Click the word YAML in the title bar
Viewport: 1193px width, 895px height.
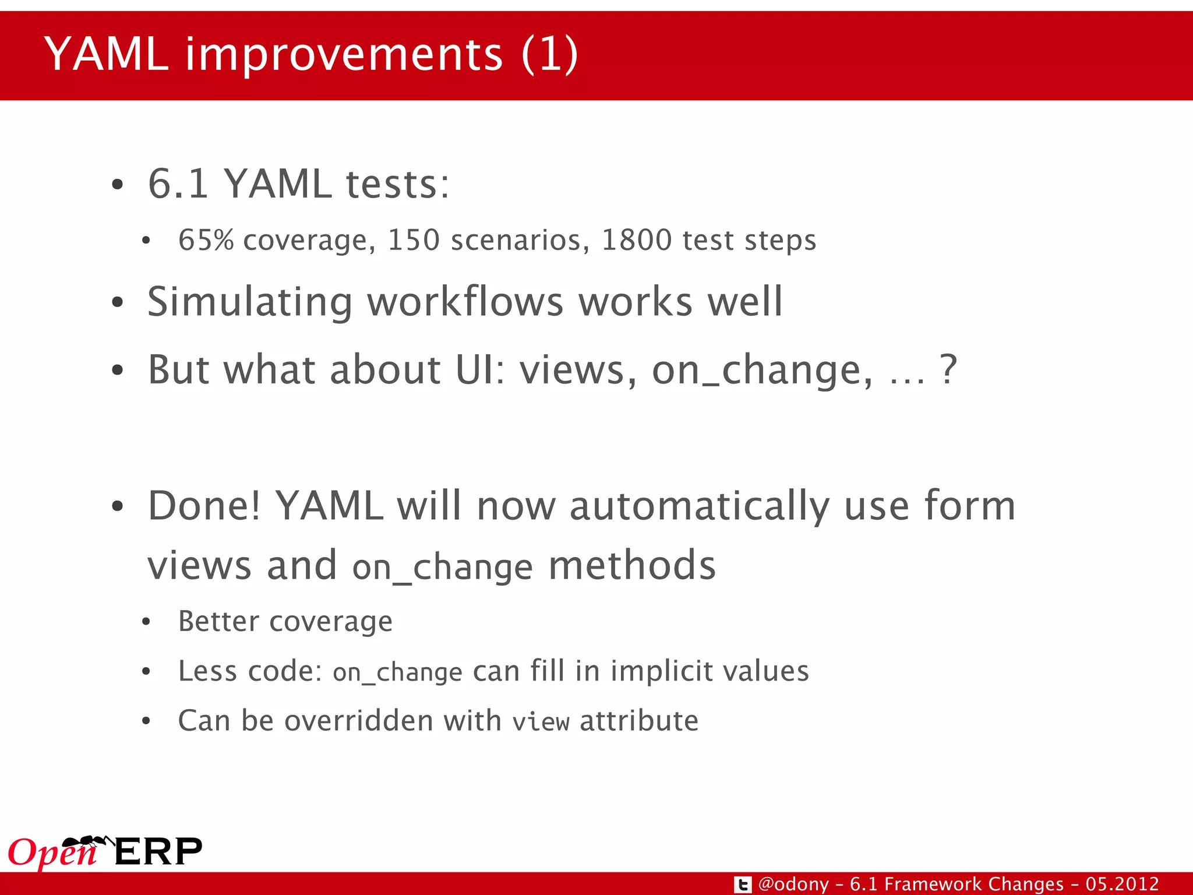pyautogui.click(x=106, y=54)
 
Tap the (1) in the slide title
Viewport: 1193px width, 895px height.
pyautogui.click(x=549, y=54)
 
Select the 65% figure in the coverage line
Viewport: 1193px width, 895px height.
pyautogui.click(x=206, y=240)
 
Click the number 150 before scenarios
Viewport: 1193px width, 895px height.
pyautogui.click(x=414, y=240)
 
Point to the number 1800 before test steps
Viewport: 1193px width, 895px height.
pyautogui.click(x=636, y=240)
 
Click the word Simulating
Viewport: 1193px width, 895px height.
pyautogui.click(x=250, y=302)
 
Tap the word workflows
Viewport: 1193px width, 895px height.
pyautogui.click(x=465, y=302)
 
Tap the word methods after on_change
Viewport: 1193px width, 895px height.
pyautogui.click(x=632, y=565)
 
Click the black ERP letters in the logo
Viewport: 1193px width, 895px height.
pyautogui.click(x=158, y=851)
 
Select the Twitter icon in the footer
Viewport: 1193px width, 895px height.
pyautogui.click(x=742, y=885)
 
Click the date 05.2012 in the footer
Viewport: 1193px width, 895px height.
pyautogui.click(x=1122, y=884)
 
